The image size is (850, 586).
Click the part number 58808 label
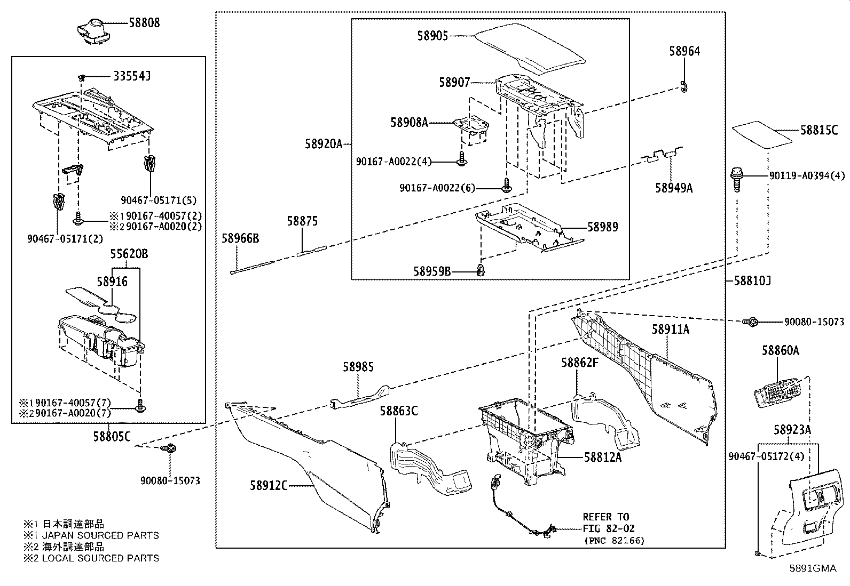(144, 23)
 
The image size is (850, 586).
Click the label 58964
(684, 51)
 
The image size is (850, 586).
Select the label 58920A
(324, 144)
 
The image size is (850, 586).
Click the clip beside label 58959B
(481, 271)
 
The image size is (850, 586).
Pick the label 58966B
(240, 238)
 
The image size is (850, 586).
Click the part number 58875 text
(302, 221)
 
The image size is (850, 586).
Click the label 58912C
(269, 485)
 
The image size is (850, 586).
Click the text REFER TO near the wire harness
(605, 517)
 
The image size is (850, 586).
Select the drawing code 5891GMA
(813, 568)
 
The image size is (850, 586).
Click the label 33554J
(131, 77)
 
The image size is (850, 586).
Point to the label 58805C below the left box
(112, 437)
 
